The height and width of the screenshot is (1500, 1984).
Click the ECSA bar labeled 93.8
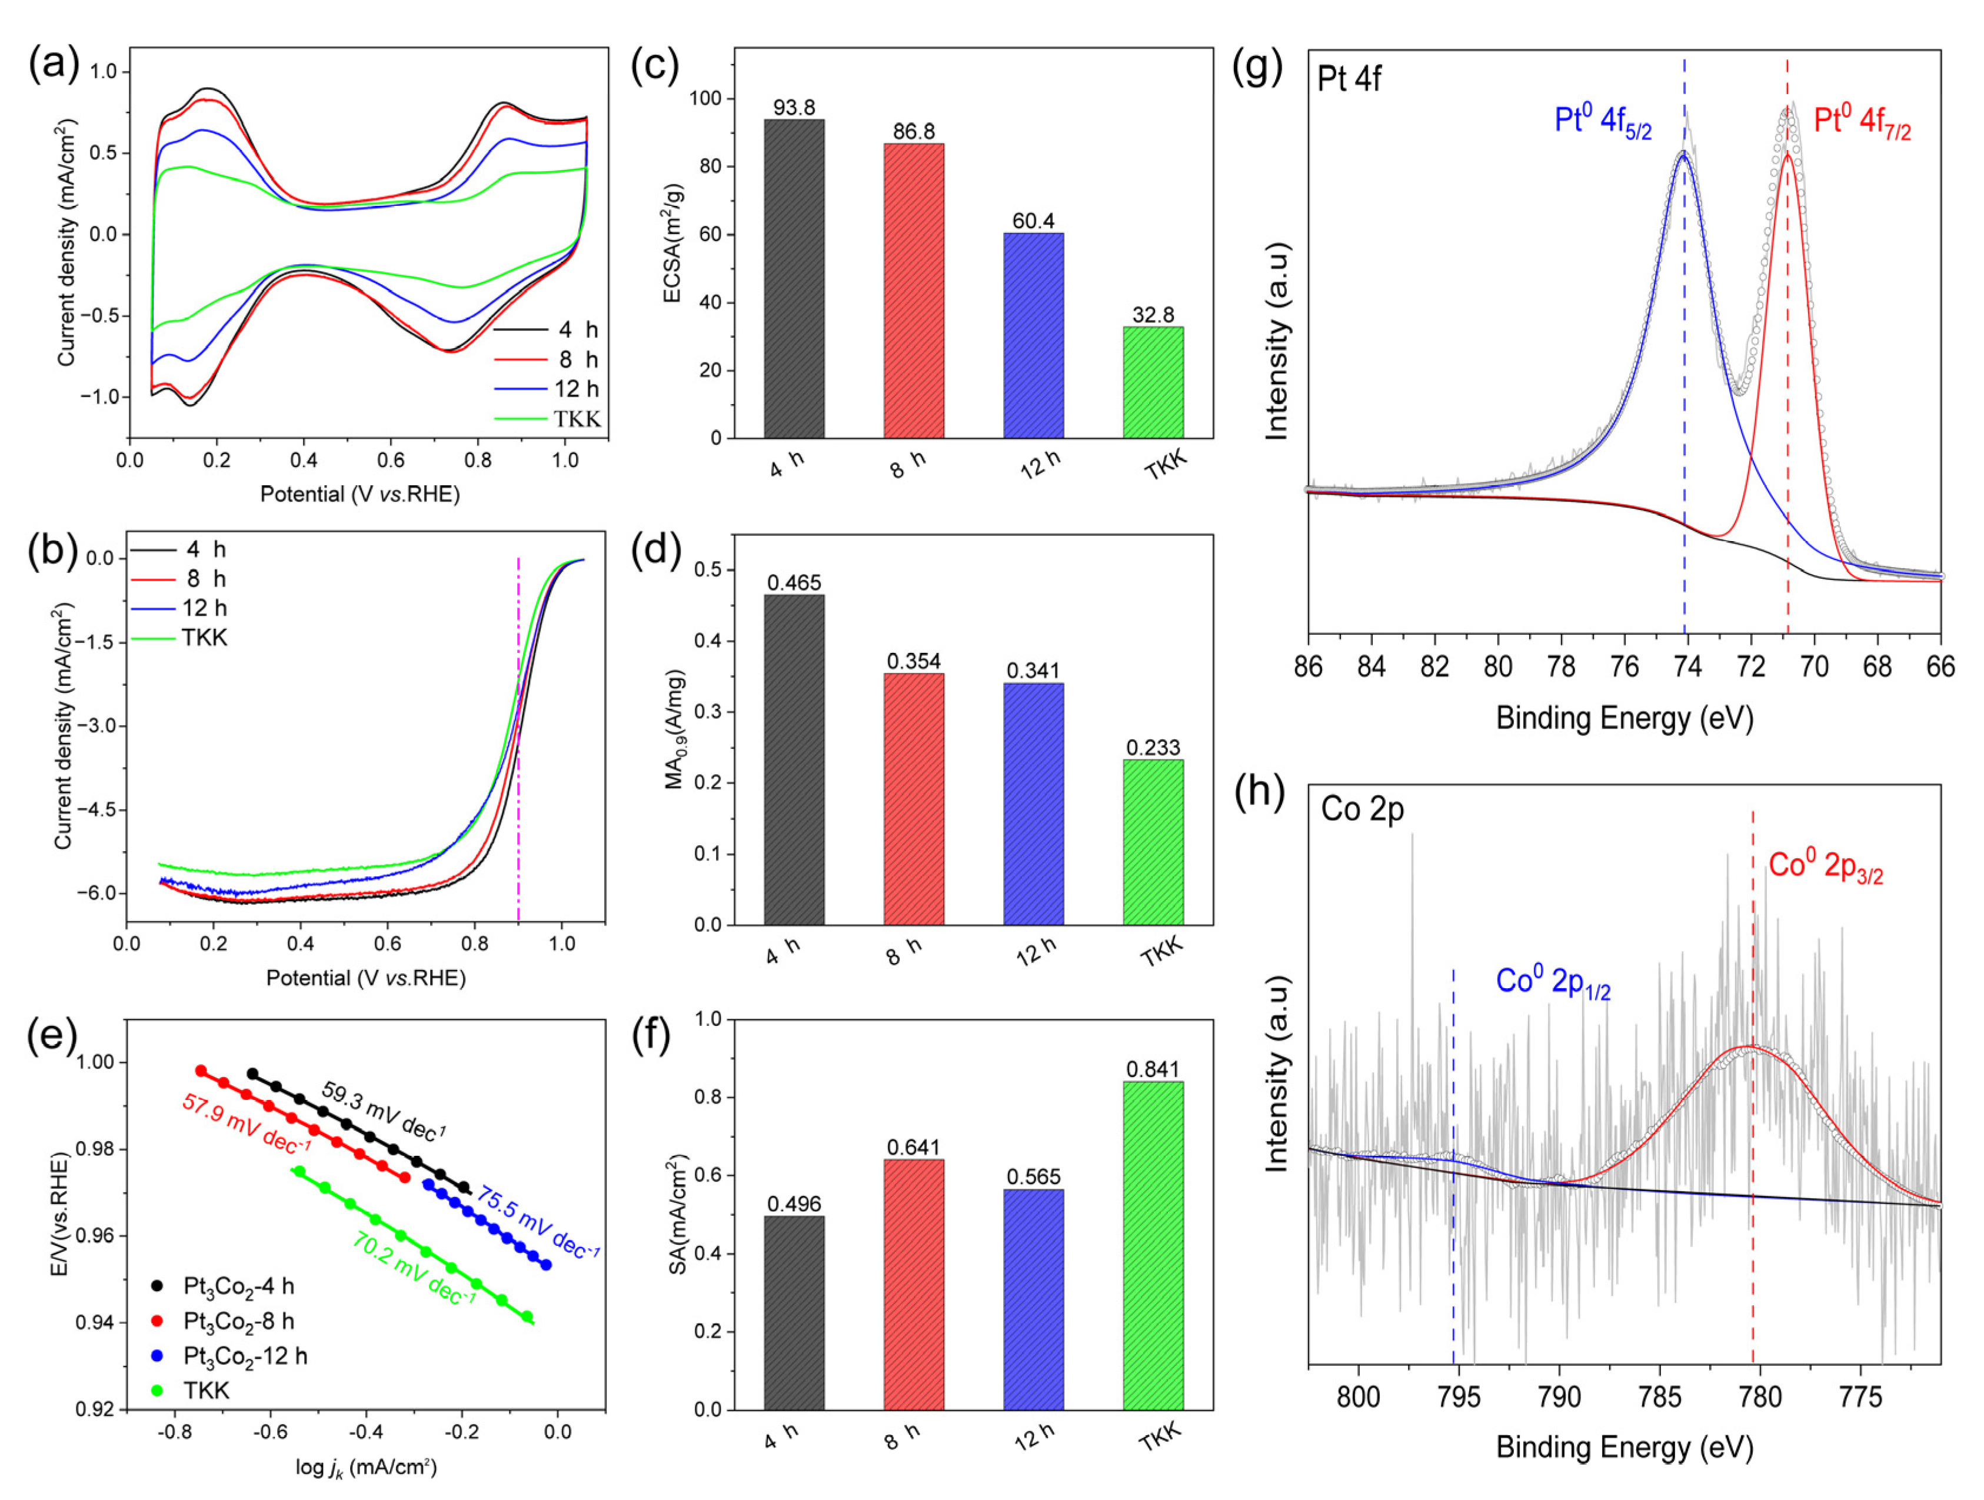tap(794, 278)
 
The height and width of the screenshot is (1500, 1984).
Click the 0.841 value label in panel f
tap(1153, 1069)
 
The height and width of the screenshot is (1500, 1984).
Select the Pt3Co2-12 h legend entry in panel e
tap(244, 1356)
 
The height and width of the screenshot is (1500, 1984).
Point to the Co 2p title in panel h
tap(1361, 809)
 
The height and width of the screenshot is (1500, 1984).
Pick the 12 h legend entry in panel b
tap(205, 608)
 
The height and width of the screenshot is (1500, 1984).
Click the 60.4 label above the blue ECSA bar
tap(1033, 221)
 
